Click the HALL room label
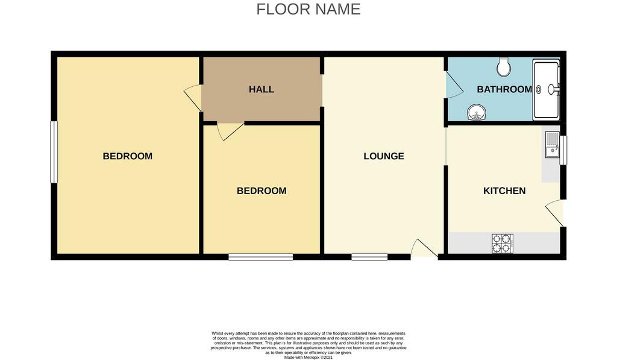click(262, 89)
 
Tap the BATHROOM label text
click(504, 89)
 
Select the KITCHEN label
click(504, 191)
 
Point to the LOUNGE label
click(384, 156)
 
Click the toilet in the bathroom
click(503, 67)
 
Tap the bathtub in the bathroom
click(546, 90)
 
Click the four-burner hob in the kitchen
click(502, 243)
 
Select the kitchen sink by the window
click(552, 145)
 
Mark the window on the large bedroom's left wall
click(54, 152)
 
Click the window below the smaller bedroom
click(261, 257)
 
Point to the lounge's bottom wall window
click(369, 257)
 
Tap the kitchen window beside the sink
click(563, 150)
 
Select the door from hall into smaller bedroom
click(231, 131)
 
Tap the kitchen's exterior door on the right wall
click(555, 213)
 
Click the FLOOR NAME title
click(308, 9)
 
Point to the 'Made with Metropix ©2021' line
click(308, 358)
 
